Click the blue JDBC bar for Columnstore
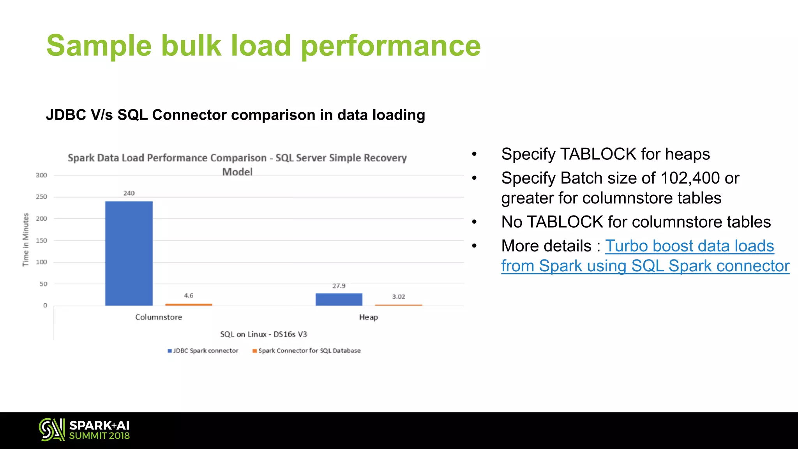point(129,253)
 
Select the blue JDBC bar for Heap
point(339,299)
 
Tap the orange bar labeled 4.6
point(189,304)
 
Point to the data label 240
point(129,193)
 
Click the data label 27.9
point(339,286)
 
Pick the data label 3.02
point(399,297)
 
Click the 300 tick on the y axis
point(41,175)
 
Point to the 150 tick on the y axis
point(41,240)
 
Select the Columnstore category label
point(159,317)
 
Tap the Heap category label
point(369,317)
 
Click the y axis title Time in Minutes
point(26,240)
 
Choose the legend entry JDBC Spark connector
point(203,351)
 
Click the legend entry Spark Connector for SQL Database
point(307,351)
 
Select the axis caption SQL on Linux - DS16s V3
point(263,334)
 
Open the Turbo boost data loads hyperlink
point(689,246)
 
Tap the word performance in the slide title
point(391,46)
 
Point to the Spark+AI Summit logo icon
point(52,430)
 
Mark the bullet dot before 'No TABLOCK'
point(474,222)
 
